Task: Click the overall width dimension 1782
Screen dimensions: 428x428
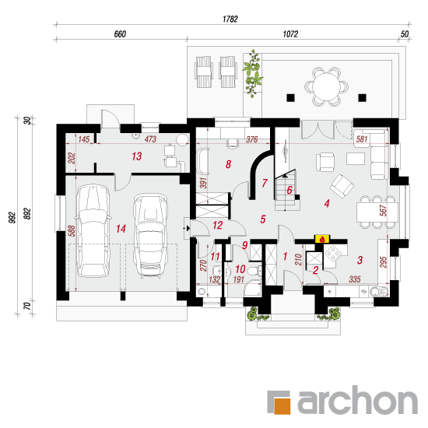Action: (x=230, y=19)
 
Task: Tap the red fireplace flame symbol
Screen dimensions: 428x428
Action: (x=322, y=240)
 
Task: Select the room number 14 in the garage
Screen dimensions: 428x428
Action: (x=121, y=229)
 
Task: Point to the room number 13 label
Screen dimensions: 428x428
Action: (x=137, y=156)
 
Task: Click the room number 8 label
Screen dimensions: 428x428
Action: (x=229, y=164)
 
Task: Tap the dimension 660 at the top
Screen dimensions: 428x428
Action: (x=120, y=34)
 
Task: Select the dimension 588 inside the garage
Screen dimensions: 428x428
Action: (x=72, y=230)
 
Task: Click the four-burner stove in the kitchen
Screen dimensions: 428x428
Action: (x=332, y=254)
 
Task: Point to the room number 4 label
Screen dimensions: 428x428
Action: (x=327, y=203)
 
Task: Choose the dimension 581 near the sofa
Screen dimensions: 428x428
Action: (x=362, y=139)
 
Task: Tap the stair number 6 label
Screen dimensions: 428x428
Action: (x=289, y=190)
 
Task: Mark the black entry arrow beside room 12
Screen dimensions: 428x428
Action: (x=188, y=228)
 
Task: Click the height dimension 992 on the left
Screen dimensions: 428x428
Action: (x=12, y=218)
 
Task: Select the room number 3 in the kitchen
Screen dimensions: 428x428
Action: (x=360, y=260)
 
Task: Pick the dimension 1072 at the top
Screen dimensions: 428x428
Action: (x=290, y=34)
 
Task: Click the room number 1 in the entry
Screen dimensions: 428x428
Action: (x=286, y=256)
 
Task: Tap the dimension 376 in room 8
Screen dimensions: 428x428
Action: (x=251, y=139)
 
